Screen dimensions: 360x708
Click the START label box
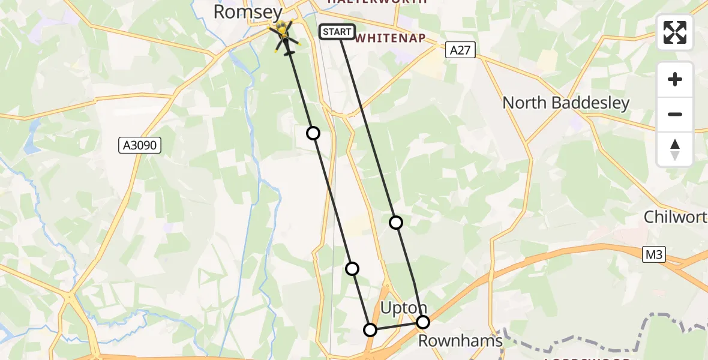(x=337, y=32)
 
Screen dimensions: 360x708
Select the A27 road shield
(x=461, y=50)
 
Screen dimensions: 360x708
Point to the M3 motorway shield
(x=653, y=254)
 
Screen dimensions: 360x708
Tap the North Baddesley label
(x=566, y=103)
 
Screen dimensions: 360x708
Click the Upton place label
(x=404, y=308)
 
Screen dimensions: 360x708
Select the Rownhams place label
(x=460, y=341)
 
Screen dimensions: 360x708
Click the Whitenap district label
(x=391, y=38)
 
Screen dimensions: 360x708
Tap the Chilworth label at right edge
(x=676, y=217)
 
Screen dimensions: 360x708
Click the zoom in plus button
(x=675, y=79)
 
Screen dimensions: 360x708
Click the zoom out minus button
(x=675, y=114)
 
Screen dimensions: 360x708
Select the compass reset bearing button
(x=675, y=149)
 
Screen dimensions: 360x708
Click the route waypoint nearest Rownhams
(x=423, y=322)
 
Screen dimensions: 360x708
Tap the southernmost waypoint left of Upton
(x=370, y=330)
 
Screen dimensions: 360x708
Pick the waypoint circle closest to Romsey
(x=313, y=133)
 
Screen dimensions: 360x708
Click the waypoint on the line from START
(x=396, y=223)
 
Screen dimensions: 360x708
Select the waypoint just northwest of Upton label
(x=352, y=268)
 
